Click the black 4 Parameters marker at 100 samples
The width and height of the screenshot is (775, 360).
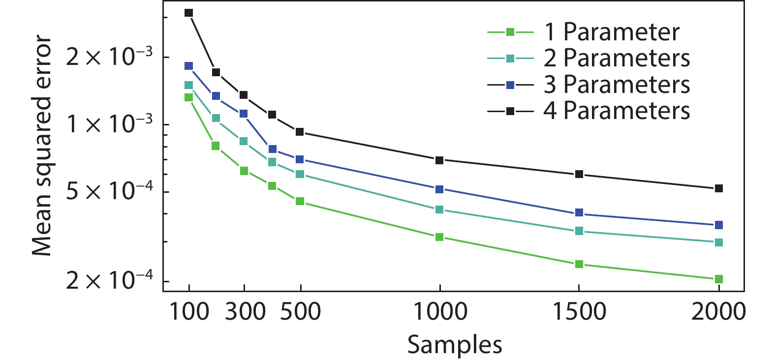(188, 13)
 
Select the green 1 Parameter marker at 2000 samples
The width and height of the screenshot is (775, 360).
(718, 279)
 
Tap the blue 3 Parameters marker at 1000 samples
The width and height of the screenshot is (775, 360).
(439, 189)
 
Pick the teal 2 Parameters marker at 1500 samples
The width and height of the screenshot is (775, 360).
(579, 231)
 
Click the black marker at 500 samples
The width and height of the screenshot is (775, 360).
(300, 132)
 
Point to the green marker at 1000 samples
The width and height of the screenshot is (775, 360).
(439, 237)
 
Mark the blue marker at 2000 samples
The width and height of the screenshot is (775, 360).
(718, 225)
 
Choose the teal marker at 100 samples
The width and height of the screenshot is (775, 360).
(188, 85)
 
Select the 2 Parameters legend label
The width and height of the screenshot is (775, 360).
(616, 59)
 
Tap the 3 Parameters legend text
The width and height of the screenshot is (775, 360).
(616, 85)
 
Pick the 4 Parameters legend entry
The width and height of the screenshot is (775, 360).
(616, 111)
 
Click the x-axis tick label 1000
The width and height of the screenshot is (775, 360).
(440, 312)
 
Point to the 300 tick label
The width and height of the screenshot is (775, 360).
(245, 312)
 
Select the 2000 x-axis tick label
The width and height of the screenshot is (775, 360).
(718, 312)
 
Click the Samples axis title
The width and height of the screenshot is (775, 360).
(455, 344)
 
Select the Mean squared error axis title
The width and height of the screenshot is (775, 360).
(42, 146)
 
